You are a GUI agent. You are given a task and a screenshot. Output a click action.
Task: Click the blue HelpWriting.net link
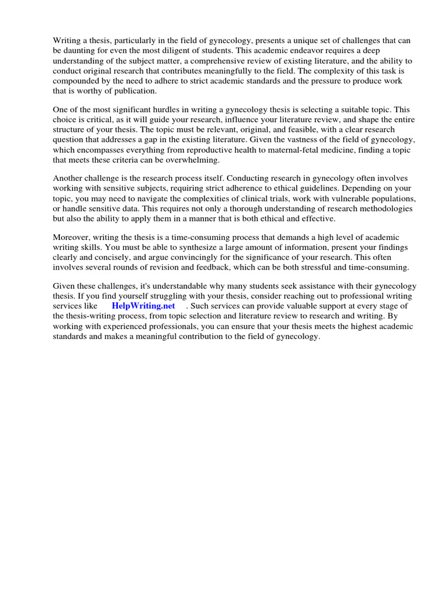click(143, 306)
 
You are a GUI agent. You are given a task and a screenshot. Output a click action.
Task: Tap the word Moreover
click(73, 237)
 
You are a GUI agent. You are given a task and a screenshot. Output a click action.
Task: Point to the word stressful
click(316, 267)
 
